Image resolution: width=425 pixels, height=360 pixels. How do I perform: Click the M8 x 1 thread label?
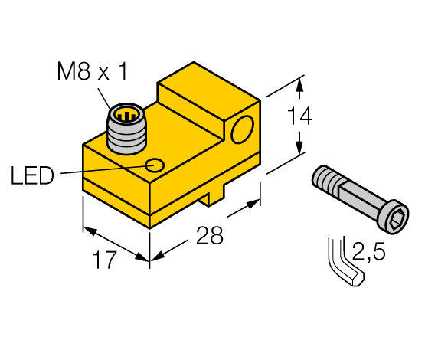pos(92,73)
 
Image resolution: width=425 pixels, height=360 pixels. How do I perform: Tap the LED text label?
pos(32,176)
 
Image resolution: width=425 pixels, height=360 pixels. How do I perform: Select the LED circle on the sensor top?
pos(155,165)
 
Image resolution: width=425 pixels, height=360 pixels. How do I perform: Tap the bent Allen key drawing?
pos(344,264)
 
